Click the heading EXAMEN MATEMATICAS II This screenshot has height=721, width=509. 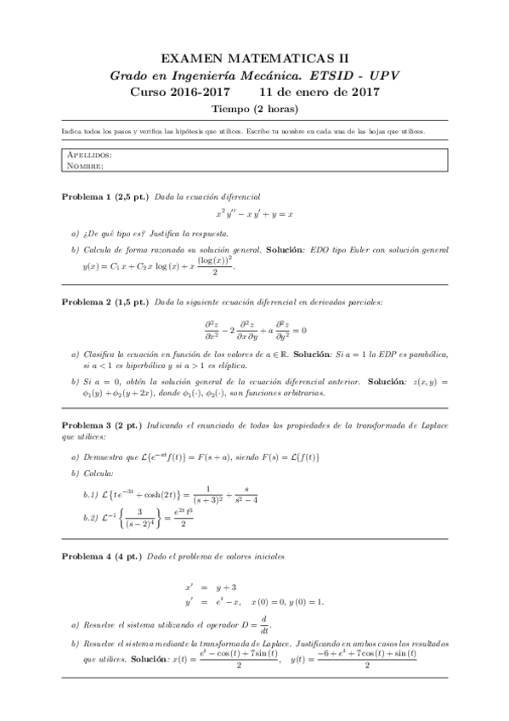pos(254,58)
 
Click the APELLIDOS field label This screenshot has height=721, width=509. pos(89,156)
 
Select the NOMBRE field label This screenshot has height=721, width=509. pos(84,166)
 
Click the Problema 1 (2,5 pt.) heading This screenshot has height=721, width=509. pos(105,196)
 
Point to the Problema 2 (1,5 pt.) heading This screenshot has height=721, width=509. pos(105,302)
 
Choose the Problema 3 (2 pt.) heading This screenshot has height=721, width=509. pos(102,424)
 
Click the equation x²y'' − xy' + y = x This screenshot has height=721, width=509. pos(254,215)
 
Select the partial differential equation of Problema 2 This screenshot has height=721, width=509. pos(254,329)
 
